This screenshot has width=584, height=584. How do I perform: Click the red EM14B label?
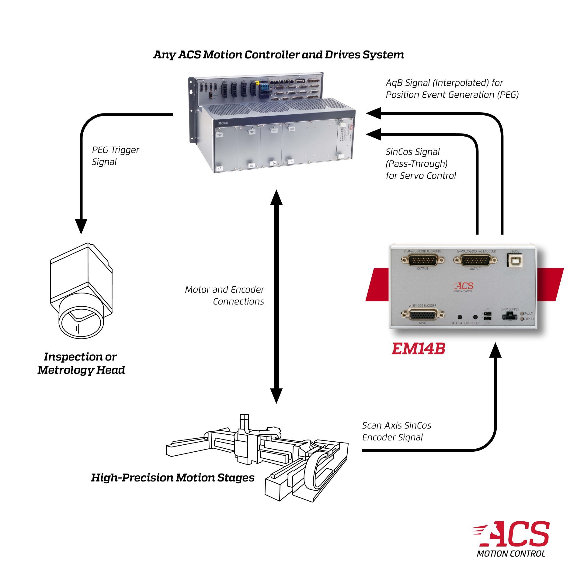pos(418,349)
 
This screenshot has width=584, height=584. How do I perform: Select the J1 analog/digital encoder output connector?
pos(423,261)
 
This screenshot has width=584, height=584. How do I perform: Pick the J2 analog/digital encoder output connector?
pos(475,261)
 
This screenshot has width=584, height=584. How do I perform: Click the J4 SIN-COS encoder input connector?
pos(422,315)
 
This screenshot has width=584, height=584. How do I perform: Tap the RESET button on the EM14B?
pos(475,317)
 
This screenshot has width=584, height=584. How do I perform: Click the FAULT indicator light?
pos(522,313)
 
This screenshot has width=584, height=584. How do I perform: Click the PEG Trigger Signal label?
pos(116,156)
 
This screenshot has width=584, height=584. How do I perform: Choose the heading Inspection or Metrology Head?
pos(81,363)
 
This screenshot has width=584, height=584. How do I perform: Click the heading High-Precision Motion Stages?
pos(173,478)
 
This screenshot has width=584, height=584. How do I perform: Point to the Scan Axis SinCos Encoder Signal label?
pos(396,431)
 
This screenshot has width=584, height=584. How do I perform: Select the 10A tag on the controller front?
pos(273,163)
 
